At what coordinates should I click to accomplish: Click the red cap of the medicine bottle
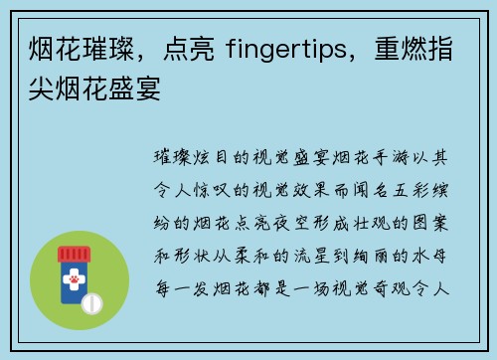(80, 250)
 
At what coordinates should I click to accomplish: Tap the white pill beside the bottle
(90, 301)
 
